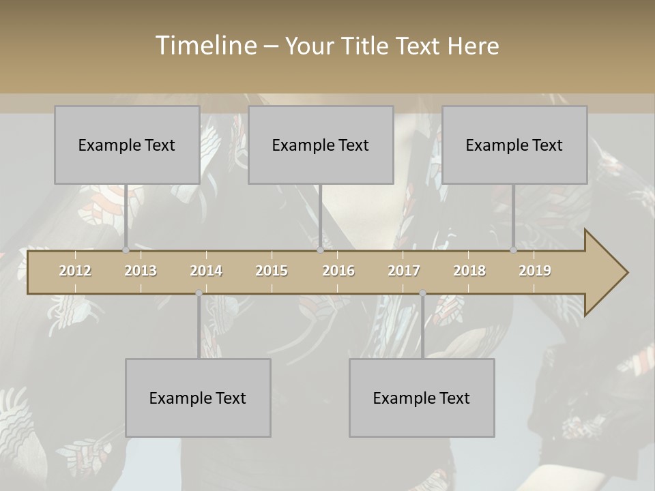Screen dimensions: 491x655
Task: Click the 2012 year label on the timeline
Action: (75, 271)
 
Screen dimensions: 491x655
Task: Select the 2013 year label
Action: (141, 271)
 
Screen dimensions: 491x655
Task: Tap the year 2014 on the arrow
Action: (206, 271)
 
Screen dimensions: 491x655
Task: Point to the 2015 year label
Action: (272, 271)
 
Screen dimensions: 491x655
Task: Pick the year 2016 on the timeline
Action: (338, 271)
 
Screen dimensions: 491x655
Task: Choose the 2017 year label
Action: (404, 271)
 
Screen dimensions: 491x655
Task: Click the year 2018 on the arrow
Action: (469, 271)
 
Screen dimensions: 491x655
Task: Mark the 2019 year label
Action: (535, 271)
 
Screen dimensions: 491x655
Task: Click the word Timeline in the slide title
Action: (205, 46)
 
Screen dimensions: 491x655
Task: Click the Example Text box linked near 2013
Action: (127, 145)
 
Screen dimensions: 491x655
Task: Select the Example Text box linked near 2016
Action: (321, 145)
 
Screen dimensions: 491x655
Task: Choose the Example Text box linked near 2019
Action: (514, 145)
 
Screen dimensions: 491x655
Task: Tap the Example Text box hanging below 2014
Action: (198, 398)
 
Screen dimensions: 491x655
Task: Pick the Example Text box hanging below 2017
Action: (422, 398)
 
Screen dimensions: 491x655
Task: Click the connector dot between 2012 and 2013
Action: (126, 250)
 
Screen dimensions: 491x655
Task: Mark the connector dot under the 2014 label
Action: (199, 293)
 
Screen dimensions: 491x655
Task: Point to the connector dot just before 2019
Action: (513, 250)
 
